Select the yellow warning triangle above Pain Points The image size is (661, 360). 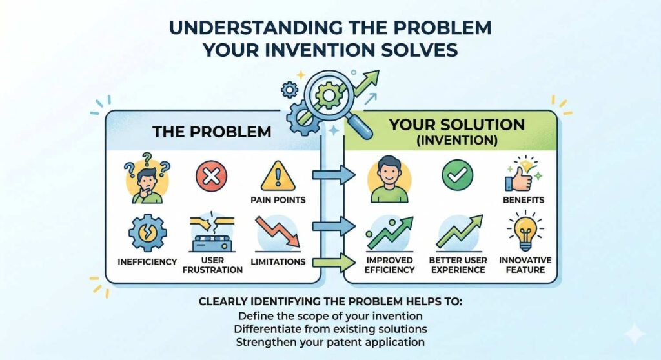click(x=277, y=174)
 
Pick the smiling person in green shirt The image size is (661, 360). click(x=389, y=177)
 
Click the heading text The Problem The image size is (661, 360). click(x=212, y=132)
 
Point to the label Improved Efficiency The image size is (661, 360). click(x=389, y=265)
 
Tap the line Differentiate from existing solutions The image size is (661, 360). click(x=330, y=329)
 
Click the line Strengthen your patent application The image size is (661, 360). click(x=330, y=342)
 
